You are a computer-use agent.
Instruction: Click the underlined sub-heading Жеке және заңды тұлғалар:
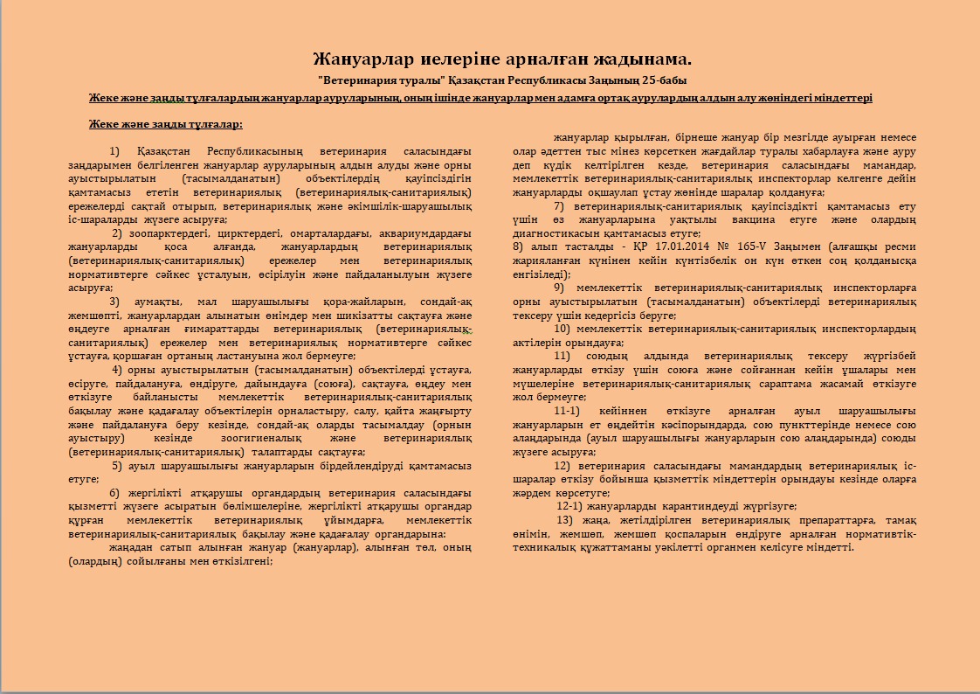(166, 124)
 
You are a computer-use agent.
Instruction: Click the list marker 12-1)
(570, 506)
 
